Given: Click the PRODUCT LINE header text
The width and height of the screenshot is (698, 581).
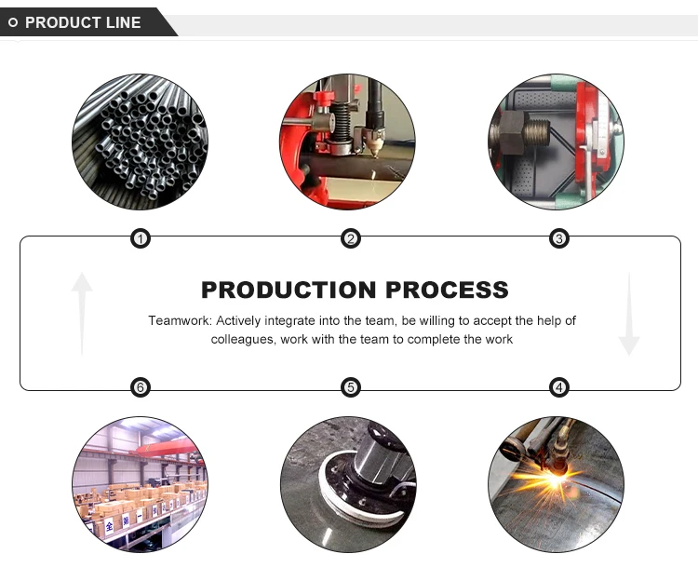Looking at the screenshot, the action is [x=83, y=22].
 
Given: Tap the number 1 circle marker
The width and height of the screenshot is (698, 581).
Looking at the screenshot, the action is [x=140, y=239].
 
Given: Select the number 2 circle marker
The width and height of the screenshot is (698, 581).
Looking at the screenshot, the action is [x=351, y=239].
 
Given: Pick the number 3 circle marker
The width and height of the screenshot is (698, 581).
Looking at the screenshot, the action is [x=559, y=239].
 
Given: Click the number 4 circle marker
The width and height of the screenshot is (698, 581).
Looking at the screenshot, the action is [x=559, y=387].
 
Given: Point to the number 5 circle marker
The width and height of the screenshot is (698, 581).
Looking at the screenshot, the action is [x=350, y=387].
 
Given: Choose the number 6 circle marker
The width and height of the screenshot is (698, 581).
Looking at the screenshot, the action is [x=140, y=387].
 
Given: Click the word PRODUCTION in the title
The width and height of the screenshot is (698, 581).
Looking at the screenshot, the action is [x=289, y=290].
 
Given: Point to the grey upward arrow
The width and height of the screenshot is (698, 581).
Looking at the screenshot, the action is [x=83, y=312].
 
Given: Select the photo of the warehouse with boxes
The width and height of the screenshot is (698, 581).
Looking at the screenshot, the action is [x=140, y=484].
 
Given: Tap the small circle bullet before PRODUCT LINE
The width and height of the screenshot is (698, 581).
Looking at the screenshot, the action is [x=13, y=22].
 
